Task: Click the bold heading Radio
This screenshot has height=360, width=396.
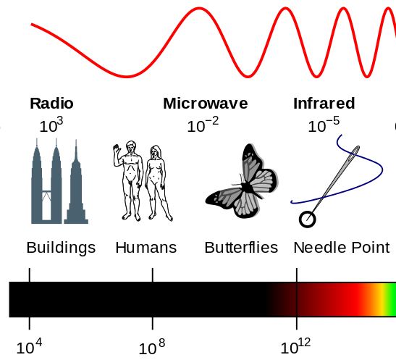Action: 51,104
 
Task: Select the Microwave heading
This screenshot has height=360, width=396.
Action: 206,104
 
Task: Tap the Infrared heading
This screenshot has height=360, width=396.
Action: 324,104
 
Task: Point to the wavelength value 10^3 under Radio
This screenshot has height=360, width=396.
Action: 51,125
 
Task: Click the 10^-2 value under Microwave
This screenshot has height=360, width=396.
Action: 203,125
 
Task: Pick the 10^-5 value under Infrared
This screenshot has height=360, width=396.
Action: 324,125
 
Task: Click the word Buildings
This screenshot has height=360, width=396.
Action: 61,248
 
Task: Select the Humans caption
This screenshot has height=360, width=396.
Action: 146,248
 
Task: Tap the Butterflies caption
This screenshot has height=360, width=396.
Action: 241,248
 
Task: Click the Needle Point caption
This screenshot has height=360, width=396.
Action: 342,248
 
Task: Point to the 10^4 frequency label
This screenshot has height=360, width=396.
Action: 29,347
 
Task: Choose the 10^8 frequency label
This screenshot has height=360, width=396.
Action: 152,347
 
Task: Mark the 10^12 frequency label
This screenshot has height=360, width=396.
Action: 295,347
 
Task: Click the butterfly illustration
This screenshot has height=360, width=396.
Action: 242,181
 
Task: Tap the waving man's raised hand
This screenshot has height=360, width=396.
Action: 116,148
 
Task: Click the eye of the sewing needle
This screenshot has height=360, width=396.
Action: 353,154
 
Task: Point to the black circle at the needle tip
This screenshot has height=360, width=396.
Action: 308,219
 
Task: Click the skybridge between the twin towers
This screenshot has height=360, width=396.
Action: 46,191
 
